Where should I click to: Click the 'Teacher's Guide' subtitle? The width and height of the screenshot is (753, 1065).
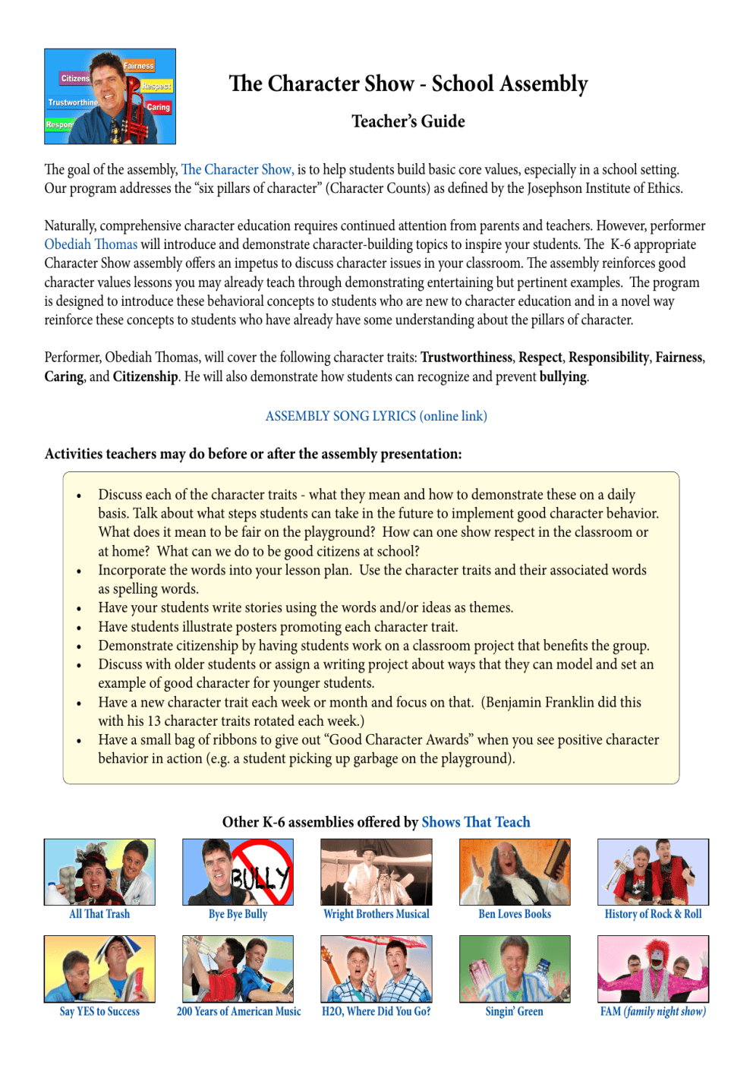(x=408, y=121)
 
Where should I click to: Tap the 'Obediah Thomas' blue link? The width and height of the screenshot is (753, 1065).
(x=90, y=244)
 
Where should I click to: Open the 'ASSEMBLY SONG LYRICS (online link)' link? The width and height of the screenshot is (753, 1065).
(x=376, y=416)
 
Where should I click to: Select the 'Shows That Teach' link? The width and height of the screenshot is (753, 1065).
(x=475, y=822)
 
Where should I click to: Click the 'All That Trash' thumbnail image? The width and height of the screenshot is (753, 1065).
(x=99, y=871)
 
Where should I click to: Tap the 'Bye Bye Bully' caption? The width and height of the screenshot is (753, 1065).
(x=238, y=914)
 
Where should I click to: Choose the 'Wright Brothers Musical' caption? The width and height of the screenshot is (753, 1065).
(x=376, y=914)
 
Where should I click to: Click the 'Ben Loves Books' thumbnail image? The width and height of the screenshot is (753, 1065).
(x=515, y=871)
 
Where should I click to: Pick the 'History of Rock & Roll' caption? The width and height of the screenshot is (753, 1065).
(x=653, y=914)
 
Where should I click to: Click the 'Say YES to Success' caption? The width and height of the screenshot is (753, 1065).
(x=99, y=1011)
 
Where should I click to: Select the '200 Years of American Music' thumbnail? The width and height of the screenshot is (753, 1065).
(x=238, y=969)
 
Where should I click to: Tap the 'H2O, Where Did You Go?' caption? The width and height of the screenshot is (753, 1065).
(x=376, y=1011)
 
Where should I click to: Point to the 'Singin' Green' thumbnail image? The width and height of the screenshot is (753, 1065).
(x=515, y=969)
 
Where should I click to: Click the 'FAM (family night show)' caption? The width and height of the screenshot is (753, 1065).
(x=653, y=1011)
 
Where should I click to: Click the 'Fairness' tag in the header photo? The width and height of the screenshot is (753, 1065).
(x=139, y=66)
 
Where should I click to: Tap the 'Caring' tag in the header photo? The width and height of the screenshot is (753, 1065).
(x=158, y=107)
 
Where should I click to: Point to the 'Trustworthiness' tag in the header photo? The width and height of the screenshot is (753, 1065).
(x=73, y=102)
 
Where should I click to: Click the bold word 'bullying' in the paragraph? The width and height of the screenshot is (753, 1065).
(x=562, y=377)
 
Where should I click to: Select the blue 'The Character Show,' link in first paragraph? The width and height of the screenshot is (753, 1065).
(x=237, y=169)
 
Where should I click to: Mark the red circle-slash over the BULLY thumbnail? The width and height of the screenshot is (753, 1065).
(x=262, y=872)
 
